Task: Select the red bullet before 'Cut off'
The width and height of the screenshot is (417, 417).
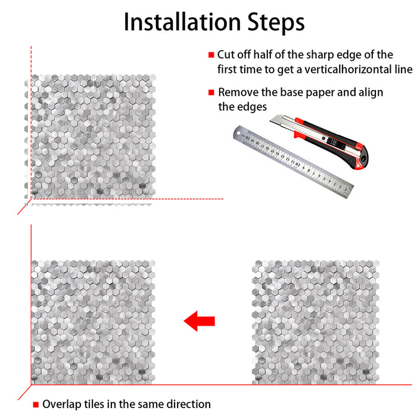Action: point(211,55)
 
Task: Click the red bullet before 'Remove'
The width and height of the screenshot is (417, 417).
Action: point(211,93)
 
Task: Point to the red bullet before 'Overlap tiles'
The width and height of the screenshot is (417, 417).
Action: point(36,404)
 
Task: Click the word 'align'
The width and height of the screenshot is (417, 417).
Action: point(370,93)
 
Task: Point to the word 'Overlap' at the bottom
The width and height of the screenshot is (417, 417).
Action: point(61,404)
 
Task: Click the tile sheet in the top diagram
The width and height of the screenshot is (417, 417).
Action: point(89,138)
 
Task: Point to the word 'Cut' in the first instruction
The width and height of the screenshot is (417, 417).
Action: point(226,55)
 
